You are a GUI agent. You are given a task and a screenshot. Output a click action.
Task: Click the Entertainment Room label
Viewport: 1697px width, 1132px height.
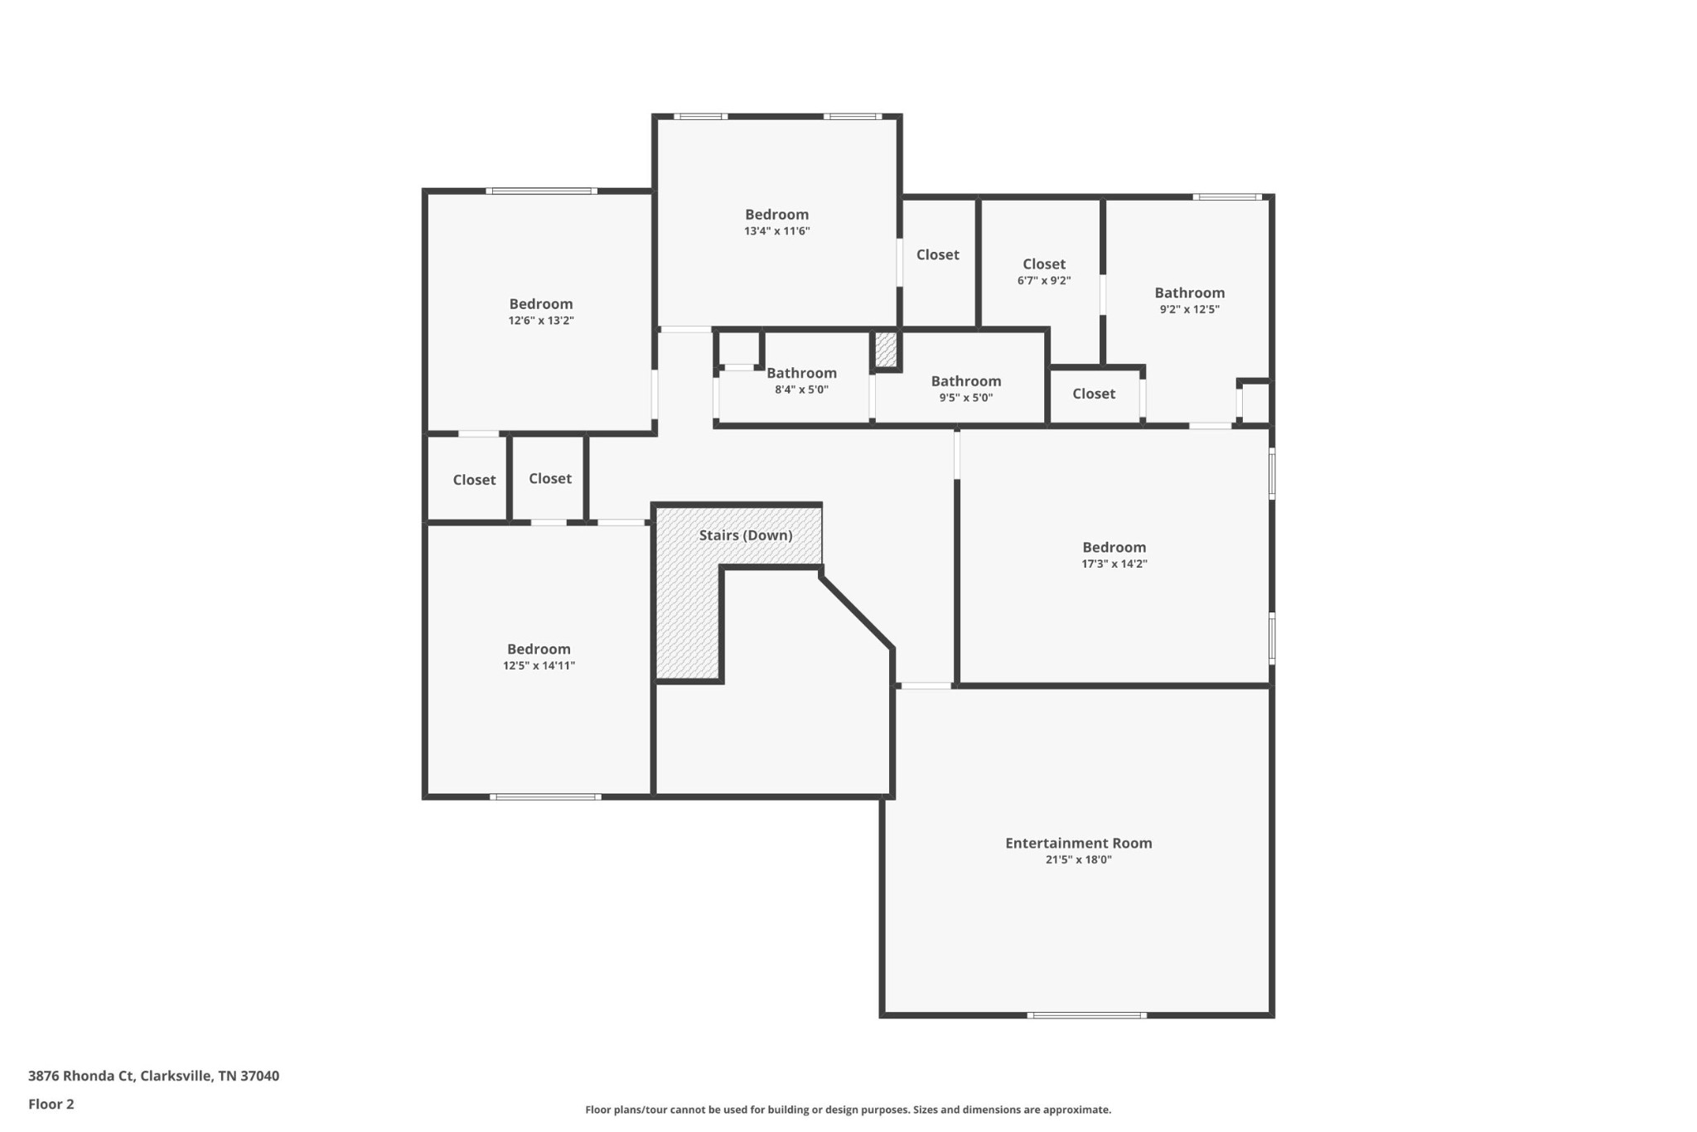[1078, 843]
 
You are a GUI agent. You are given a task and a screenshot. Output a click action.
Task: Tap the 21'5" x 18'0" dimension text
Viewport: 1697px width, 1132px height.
[1078, 860]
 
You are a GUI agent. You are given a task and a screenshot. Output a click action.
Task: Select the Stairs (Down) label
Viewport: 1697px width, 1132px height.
[746, 535]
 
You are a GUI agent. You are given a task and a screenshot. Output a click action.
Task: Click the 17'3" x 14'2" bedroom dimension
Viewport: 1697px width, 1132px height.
[1114, 564]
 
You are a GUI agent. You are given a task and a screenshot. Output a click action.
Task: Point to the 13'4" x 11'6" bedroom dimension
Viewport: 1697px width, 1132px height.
[776, 231]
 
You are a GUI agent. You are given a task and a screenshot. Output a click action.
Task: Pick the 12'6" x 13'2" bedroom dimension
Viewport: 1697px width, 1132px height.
[541, 321]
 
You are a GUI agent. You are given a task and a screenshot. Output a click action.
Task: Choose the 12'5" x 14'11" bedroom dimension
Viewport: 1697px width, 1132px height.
[539, 665]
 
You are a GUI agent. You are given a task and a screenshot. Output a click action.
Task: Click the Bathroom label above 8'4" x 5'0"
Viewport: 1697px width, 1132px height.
[801, 373]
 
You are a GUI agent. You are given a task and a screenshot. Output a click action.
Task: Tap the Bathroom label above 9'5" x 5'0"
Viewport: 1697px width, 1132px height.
[966, 381]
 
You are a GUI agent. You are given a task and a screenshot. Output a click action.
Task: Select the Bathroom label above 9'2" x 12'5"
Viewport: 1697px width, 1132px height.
[1190, 293]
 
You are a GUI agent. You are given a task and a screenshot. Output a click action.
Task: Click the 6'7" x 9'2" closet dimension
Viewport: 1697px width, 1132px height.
[1044, 281]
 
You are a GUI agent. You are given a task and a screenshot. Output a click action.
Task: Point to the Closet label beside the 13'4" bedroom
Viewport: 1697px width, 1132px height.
[938, 255]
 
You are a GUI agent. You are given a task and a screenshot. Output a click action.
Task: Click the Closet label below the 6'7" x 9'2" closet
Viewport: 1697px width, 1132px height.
[1094, 394]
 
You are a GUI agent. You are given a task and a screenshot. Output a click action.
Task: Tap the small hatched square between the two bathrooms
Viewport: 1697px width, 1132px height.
[886, 350]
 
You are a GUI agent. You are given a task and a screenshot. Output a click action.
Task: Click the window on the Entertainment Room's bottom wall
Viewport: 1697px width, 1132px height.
[1087, 1015]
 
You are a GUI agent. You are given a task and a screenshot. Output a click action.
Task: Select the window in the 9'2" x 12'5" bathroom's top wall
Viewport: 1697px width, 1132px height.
[1228, 197]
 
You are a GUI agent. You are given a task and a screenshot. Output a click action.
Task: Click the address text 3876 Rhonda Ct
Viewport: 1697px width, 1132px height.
[80, 1076]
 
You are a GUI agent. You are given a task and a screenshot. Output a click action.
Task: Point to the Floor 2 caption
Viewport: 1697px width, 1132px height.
[51, 1104]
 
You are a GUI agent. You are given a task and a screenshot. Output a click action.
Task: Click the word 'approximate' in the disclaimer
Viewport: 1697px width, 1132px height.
[1076, 1110]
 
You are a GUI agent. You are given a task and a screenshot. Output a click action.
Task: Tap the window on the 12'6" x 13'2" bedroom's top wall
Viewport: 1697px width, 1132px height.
[542, 191]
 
